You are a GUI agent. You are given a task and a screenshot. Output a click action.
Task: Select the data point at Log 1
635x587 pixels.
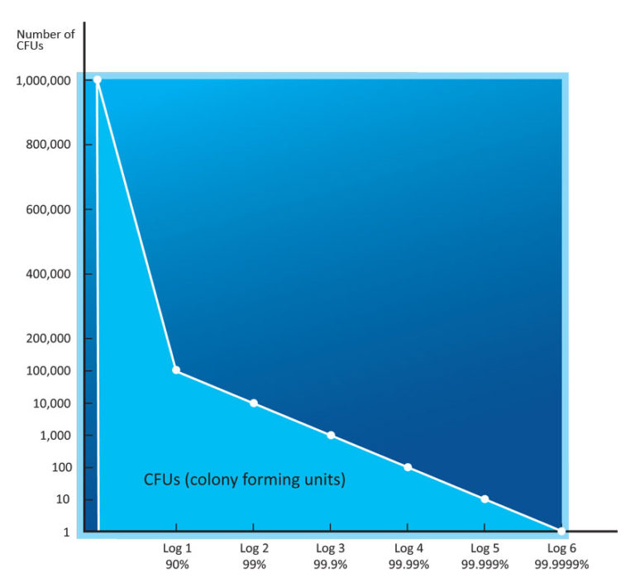[x=176, y=370]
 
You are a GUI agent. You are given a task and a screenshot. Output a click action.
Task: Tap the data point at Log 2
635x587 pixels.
[x=254, y=403]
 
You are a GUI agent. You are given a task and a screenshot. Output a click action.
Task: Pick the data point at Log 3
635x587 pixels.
[x=331, y=435]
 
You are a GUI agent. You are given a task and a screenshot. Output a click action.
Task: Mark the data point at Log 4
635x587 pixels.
[x=408, y=467]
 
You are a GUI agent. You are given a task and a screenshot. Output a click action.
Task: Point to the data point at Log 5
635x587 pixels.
[x=485, y=499]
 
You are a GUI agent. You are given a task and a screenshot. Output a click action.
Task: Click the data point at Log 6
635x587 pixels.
[x=561, y=531]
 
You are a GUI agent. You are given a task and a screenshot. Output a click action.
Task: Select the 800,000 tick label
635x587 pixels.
[x=46, y=145]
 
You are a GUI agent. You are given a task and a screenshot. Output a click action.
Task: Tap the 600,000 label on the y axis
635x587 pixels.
[x=46, y=209]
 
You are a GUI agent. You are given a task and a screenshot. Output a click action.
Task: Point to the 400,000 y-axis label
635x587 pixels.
[x=46, y=274]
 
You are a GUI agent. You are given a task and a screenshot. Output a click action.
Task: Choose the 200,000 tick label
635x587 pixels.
[x=46, y=338]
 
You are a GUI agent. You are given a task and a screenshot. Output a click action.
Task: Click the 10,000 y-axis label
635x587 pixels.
[x=51, y=403]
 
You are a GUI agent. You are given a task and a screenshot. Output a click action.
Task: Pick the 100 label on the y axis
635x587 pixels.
[x=60, y=467]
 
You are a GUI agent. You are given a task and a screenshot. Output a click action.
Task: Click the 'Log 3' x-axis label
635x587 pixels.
[x=331, y=548]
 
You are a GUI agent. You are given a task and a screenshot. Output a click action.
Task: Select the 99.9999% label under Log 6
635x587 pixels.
[x=561, y=565]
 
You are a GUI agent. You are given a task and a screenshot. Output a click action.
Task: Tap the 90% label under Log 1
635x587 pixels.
[x=176, y=565]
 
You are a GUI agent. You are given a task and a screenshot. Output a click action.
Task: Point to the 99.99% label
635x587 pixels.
[x=408, y=565]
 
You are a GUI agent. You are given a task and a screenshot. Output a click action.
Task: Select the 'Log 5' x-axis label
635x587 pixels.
[x=485, y=548]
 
